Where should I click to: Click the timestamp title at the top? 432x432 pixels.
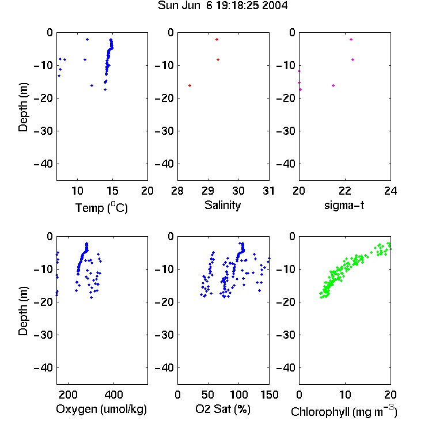222,5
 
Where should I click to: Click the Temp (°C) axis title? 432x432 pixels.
101,207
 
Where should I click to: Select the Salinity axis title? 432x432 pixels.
222,205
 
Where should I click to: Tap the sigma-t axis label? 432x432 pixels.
344,205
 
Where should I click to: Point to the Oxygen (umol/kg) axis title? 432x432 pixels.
101,409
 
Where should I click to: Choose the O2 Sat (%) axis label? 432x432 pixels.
223,409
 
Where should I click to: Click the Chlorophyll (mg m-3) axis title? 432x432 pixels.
344,411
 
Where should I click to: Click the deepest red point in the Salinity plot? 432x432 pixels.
190,86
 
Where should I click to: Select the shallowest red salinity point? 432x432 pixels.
217,39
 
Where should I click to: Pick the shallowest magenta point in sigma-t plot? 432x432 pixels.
351,39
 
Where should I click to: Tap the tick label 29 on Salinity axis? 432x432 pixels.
208,191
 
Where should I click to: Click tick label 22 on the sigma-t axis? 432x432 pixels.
344,191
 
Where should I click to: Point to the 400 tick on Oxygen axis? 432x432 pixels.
113,395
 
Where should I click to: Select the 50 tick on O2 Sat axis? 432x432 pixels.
208,395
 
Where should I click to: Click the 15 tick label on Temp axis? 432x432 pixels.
112,191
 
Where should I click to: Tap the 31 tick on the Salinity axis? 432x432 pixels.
268,191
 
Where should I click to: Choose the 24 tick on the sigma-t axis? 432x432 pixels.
391,191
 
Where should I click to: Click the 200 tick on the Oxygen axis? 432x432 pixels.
68,395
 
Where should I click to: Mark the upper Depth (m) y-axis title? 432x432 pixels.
23,107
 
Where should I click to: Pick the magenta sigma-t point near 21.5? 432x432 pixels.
333,86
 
